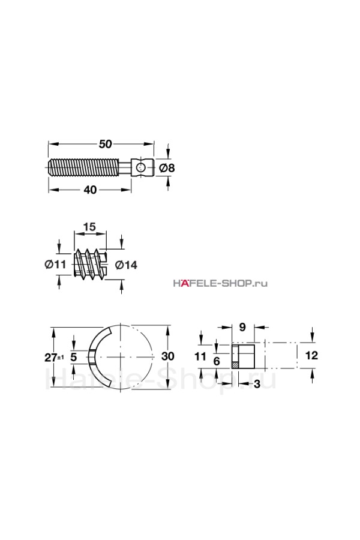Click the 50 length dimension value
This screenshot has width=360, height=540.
106,144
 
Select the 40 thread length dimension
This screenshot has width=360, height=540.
90,190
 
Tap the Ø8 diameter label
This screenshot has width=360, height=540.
167,168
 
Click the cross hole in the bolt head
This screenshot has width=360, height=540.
140,168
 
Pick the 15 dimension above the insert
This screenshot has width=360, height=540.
89,227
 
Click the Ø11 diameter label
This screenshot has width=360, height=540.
55,265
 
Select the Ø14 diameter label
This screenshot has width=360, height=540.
126,265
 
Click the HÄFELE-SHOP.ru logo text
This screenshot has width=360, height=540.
220,283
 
